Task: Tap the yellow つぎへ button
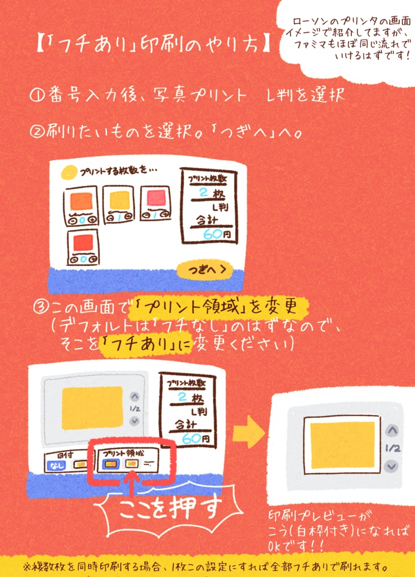(x=204, y=270)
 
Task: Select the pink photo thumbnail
(x=156, y=198)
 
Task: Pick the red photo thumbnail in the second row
(x=83, y=242)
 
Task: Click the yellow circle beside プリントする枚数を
(x=69, y=171)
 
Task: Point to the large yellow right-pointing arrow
(x=248, y=433)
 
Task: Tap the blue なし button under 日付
(x=56, y=465)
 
